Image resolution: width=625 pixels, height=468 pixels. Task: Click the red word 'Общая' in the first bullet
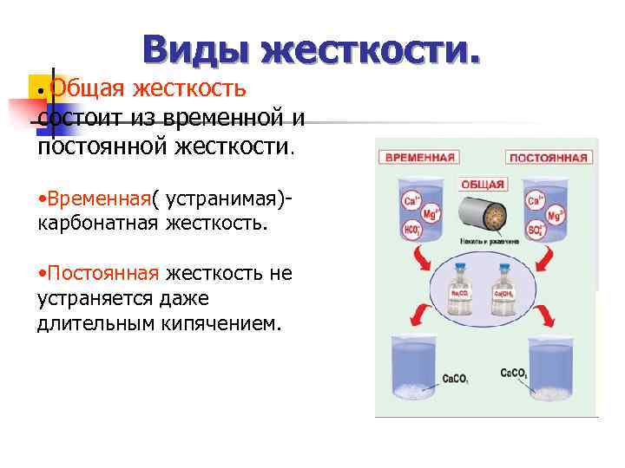pos(82,88)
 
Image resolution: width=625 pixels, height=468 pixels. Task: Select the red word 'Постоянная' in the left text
pos(103,274)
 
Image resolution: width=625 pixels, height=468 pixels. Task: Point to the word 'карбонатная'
pos(97,223)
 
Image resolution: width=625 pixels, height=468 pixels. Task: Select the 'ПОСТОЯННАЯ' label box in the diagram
pos(549,159)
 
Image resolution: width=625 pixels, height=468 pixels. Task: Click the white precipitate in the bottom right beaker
pos(552,393)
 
